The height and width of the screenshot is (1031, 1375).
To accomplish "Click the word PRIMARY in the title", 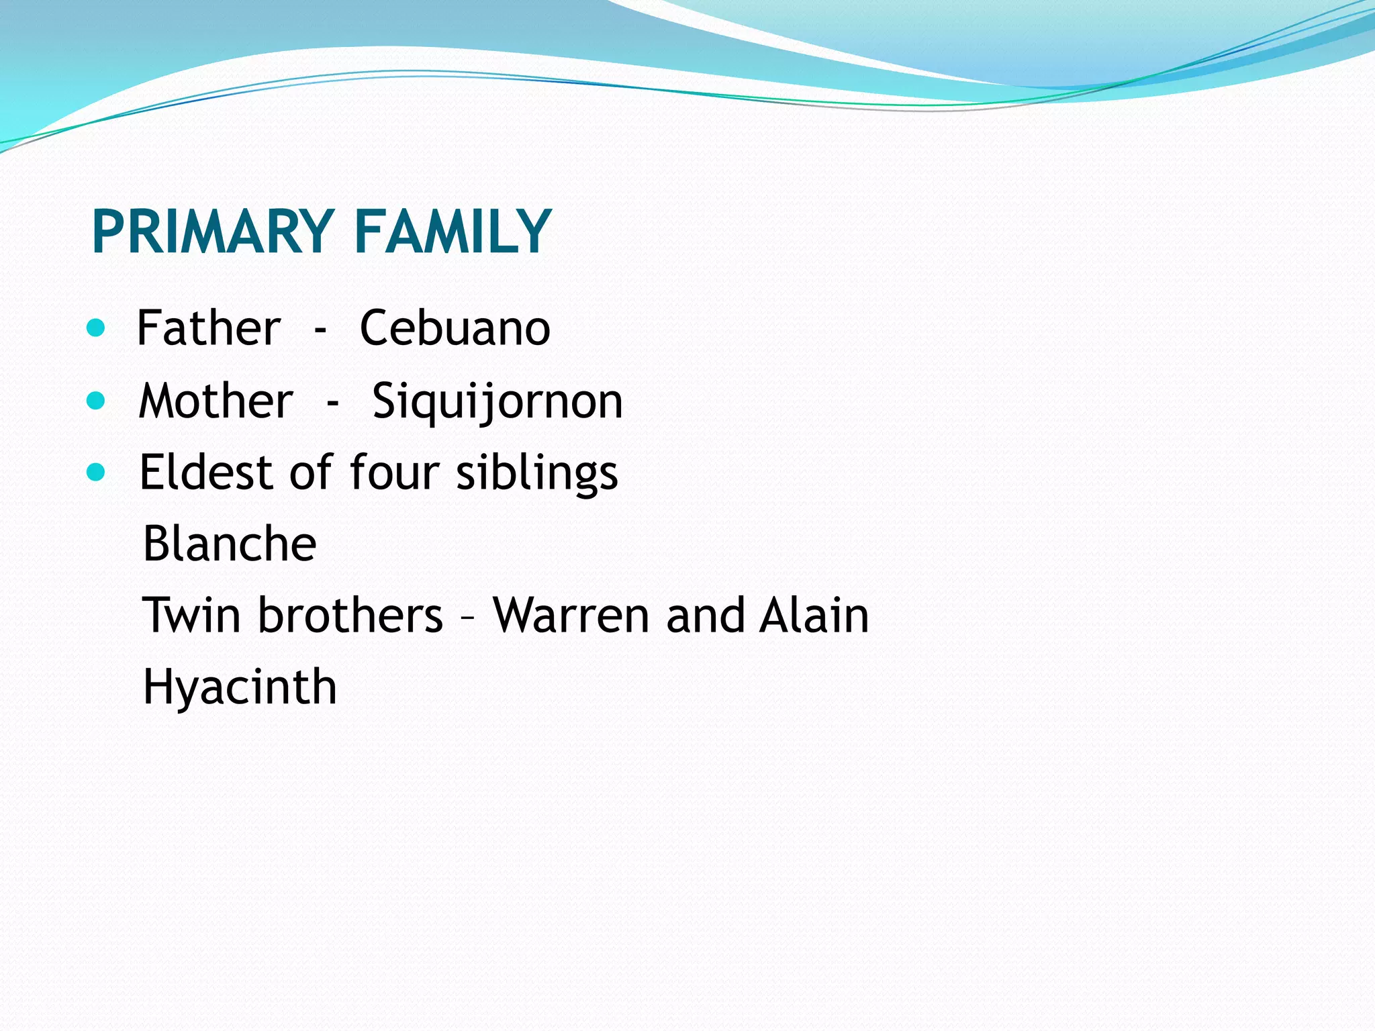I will [213, 232].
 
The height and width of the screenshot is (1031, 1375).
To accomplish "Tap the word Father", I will [209, 328].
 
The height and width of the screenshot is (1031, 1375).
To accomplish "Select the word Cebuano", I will [455, 328].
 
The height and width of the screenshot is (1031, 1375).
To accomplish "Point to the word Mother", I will [216, 401].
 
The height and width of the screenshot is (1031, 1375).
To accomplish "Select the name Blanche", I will [230, 543].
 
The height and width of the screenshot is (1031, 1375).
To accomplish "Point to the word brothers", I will [350, 615].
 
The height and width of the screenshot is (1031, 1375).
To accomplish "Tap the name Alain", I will [814, 615].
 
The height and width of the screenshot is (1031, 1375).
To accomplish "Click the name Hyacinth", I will [240, 688].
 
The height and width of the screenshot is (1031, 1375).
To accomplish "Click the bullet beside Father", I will [97, 328].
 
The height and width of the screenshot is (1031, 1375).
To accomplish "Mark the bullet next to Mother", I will [97, 401].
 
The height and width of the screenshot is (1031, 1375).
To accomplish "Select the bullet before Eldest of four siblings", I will [97, 473].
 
